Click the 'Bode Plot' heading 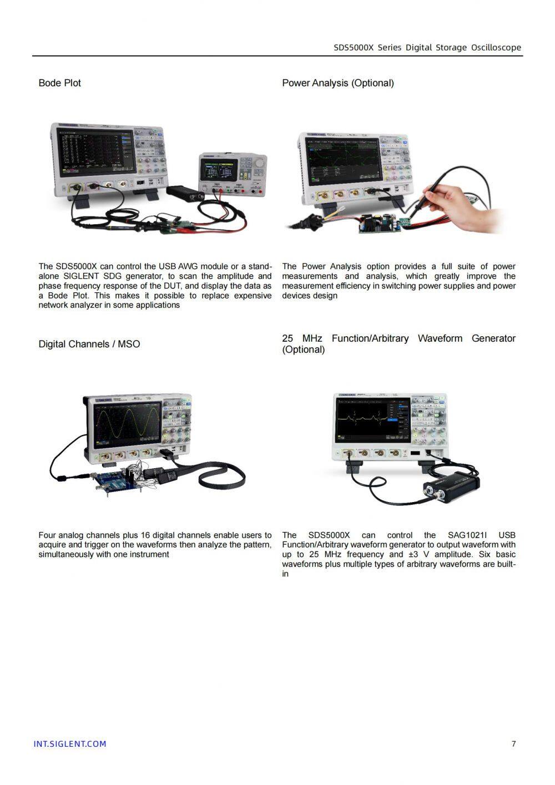[59, 83]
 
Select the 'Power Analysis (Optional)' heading [337, 83]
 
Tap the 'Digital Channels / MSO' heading [89, 344]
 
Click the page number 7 [513, 743]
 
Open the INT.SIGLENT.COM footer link [69, 744]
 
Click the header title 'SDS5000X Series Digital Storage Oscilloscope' [427, 48]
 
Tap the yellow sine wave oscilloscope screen [127, 425]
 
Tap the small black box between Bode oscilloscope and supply [185, 193]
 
